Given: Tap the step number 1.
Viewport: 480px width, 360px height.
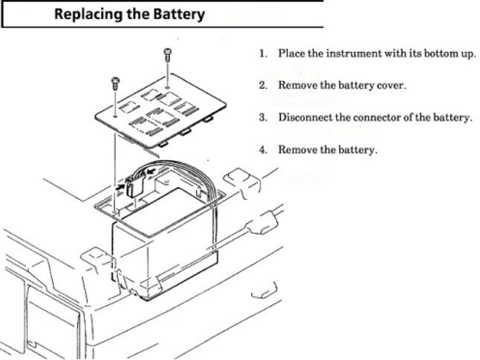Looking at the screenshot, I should [x=263, y=53].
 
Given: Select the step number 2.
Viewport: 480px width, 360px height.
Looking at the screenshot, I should [x=263, y=86].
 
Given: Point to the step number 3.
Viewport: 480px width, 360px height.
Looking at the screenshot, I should [x=263, y=118].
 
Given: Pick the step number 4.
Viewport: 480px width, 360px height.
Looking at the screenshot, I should [x=263, y=150].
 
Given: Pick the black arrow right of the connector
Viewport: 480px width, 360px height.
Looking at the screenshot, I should [x=150, y=170].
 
